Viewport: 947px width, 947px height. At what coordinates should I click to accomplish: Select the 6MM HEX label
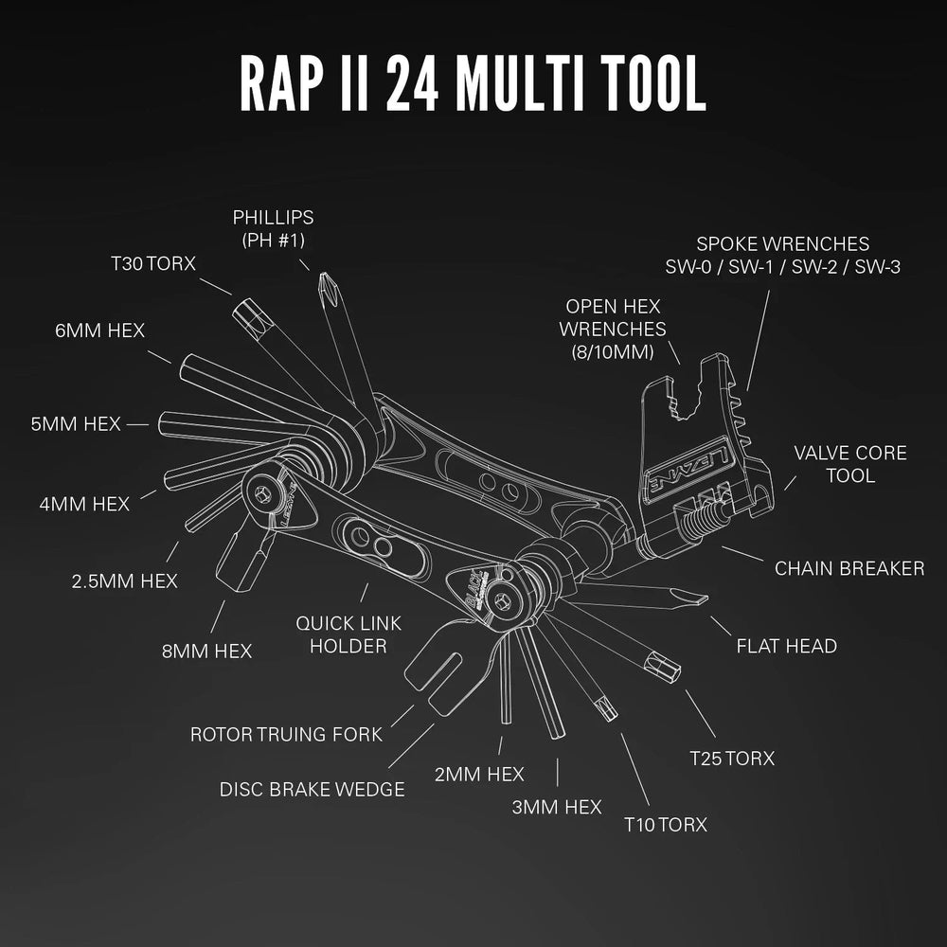(x=99, y=331)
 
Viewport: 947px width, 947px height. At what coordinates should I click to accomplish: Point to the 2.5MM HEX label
(x=125, y=581)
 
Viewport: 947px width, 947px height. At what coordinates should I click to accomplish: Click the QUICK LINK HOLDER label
(x=348, y=634)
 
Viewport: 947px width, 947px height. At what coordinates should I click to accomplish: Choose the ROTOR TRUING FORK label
(x=286, y=734)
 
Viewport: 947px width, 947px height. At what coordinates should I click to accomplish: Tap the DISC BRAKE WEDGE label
(x=312, y=789)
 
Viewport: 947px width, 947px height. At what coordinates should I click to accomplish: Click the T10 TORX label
(x=665, y=824)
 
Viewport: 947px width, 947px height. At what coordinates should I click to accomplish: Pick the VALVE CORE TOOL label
(x=849, y=463)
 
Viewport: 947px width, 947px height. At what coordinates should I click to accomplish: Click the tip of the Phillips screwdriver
(x=329, y=280)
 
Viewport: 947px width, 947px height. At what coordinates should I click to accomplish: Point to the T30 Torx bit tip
(x=244, y=309)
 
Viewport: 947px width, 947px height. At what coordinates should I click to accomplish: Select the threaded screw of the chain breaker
(x=704, y=519)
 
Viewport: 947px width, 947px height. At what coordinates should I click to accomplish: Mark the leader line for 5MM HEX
(x=138, y=425)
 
